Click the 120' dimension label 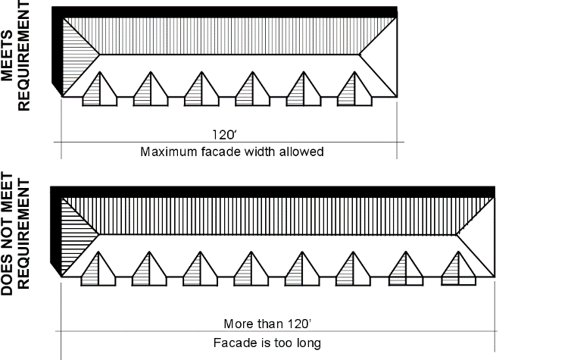pos(225,135)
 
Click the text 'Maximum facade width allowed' pos(232,152)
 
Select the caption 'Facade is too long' pos(267,343)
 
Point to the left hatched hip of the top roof pos(78,58)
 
